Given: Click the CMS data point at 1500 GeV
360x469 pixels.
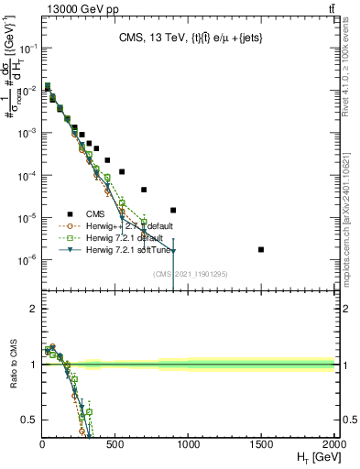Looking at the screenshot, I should (261, 249).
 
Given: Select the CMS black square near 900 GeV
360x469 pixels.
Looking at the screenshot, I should (173, 210).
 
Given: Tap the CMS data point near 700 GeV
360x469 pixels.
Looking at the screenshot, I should (144, 190).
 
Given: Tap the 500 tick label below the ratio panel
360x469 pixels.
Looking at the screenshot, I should (115, 442).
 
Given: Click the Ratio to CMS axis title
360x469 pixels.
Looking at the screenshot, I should (12, 365).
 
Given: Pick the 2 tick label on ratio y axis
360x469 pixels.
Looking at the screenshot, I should (33, 309).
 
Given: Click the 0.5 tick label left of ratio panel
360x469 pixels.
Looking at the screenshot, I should (28, 420).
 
